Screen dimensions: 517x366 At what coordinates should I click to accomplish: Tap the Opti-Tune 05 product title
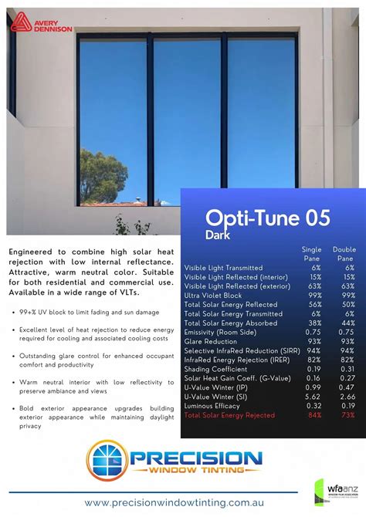267,218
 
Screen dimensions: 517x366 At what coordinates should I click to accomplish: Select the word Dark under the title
219,234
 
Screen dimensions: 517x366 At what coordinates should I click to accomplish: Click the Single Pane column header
311,254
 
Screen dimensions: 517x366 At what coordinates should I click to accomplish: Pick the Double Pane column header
344,254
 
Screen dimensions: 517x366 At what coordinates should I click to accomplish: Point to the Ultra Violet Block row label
213,296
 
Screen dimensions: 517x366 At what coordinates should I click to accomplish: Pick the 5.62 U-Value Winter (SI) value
313,397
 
